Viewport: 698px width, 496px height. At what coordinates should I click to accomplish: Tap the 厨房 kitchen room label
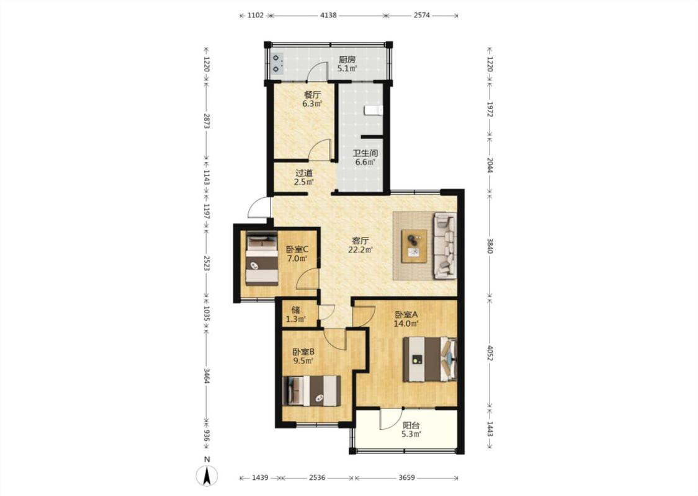347,59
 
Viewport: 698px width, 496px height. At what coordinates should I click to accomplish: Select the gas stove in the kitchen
277,63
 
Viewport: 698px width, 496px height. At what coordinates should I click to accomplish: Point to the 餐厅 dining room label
312,95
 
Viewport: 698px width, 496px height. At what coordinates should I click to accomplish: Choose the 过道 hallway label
304,172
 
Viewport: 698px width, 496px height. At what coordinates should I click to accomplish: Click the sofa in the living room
445,246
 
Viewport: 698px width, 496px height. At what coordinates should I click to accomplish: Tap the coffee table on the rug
414,246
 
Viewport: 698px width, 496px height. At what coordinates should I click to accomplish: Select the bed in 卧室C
262,259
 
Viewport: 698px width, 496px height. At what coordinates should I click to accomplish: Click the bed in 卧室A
429,360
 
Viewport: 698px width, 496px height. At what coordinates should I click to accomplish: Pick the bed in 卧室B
311,391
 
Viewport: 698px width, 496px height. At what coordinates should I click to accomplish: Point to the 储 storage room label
295,309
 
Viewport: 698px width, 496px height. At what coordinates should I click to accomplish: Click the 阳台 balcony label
411,425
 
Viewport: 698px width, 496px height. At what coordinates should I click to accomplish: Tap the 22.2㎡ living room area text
360,250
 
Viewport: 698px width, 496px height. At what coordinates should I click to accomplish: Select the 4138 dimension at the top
328,15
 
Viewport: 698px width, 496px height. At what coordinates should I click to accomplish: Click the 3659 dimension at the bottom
406,478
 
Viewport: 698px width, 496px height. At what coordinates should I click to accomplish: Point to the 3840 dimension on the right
490,246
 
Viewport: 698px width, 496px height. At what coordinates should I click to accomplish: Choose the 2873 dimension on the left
206,120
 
